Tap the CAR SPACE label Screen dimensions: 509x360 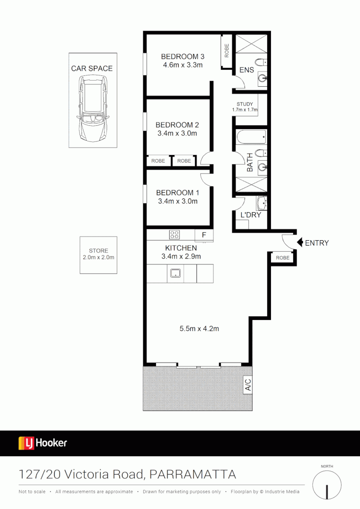[92, 68]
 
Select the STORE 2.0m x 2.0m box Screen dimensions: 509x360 [98, 254]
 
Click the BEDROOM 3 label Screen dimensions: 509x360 [182, 57]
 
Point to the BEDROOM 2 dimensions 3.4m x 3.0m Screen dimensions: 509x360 [177, 133]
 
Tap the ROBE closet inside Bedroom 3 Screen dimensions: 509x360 [227, 51]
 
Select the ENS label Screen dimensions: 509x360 [246, 70]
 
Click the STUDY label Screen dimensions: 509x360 [245, 104]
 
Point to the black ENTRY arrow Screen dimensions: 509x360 [300, 243]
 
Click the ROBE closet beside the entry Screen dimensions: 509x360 [283, 258]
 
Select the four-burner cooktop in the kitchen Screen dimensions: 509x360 [174, 234]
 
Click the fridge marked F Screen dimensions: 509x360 [204, 235]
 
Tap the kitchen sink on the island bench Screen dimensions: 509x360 [176, 272]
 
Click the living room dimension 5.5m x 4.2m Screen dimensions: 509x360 [199, 329]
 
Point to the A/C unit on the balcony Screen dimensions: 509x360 [248, 386]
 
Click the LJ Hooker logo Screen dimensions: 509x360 [43, 443]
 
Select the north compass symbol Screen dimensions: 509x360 [327, 485]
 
